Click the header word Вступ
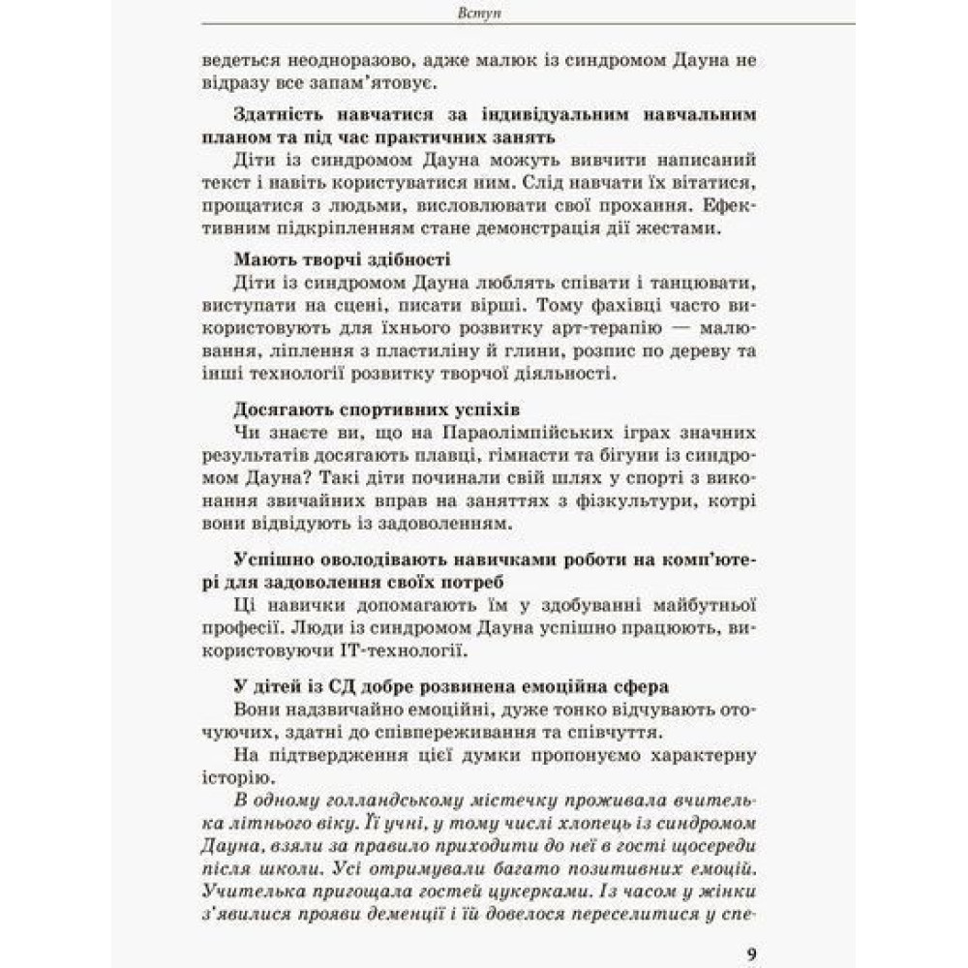(x=482, y=15)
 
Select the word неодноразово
(x=329, y=61)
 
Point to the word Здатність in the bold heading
(x=280, y=114)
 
